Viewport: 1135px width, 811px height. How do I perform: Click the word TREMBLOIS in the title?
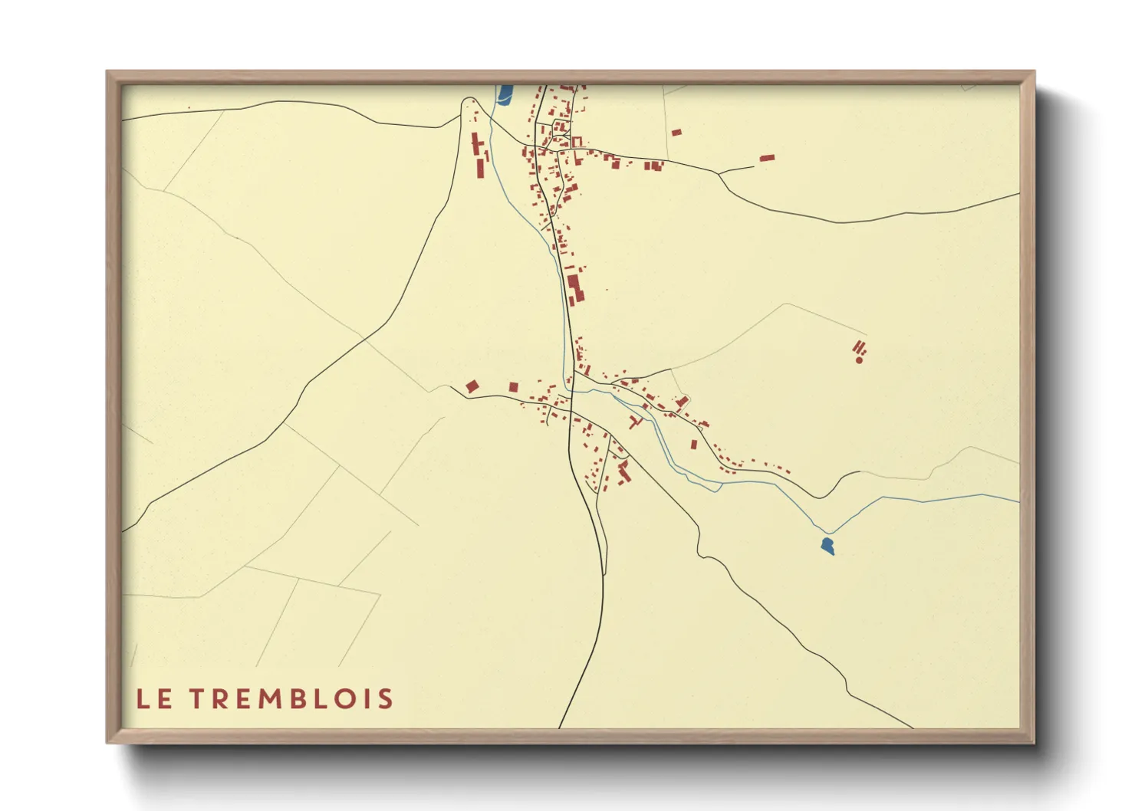[x=291, y=699]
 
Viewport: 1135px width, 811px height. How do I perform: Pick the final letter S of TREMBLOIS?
[x=386, y=699]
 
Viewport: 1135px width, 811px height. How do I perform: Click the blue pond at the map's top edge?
[x=505, y=94]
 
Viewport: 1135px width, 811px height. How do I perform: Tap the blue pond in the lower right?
[x=827, y=546]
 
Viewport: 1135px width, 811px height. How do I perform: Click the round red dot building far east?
[x=859, y=359]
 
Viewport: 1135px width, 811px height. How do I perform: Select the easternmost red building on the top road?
[x=767, y=158]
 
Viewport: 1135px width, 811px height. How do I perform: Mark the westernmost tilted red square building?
[x=472, y=386]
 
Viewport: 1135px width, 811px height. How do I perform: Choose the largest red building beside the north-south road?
[x=574, y=288]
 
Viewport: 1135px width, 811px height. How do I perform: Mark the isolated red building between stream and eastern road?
[x=694, y=444]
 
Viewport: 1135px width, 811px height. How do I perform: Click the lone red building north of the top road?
[x=676, y=133]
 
